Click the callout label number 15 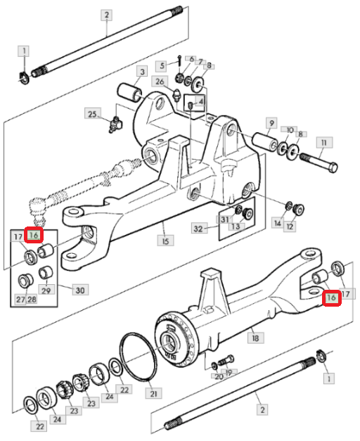[165, 241]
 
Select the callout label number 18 [255, 337]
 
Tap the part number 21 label [153, 393]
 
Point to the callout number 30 [80, 290]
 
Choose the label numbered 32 [199, 229]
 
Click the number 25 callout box [93, 114]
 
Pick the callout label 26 [160, 82]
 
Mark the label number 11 [324, 143]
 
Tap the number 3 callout [142, 72]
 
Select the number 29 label [46, 290]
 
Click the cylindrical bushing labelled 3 [129, 92]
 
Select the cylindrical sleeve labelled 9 [265, 143]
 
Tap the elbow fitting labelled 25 [116, 124]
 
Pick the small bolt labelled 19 [226, 360]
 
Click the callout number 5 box [162, 66]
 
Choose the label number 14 [278, 223]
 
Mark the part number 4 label [200, 101]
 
